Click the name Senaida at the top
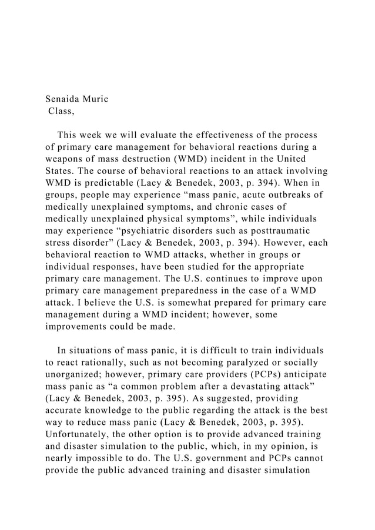coord(66,99)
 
